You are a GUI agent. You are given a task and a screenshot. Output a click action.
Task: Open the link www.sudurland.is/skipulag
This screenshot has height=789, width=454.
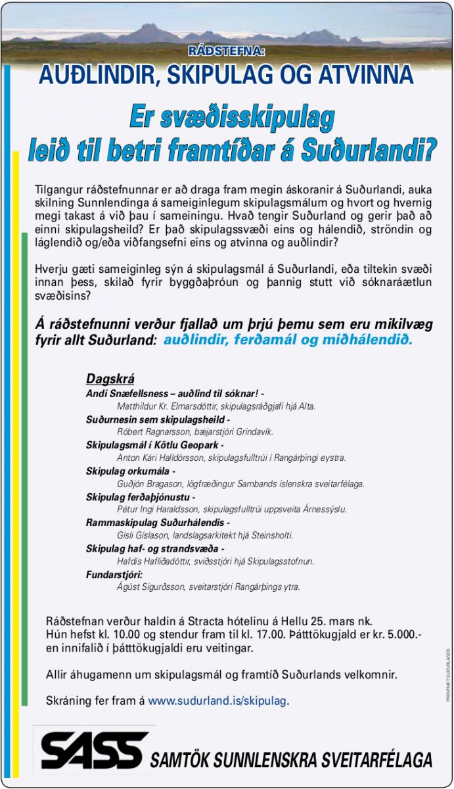(218, 701)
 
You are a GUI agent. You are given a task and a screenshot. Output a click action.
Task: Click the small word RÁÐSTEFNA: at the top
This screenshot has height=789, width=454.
(227, 51)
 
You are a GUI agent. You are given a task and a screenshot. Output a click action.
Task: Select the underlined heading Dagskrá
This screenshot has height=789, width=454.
(110, 379)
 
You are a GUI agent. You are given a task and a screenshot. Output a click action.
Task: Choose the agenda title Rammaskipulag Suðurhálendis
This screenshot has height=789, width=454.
(158, 523)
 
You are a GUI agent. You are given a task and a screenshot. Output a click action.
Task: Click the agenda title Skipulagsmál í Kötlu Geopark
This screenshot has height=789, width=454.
(154, 445)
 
